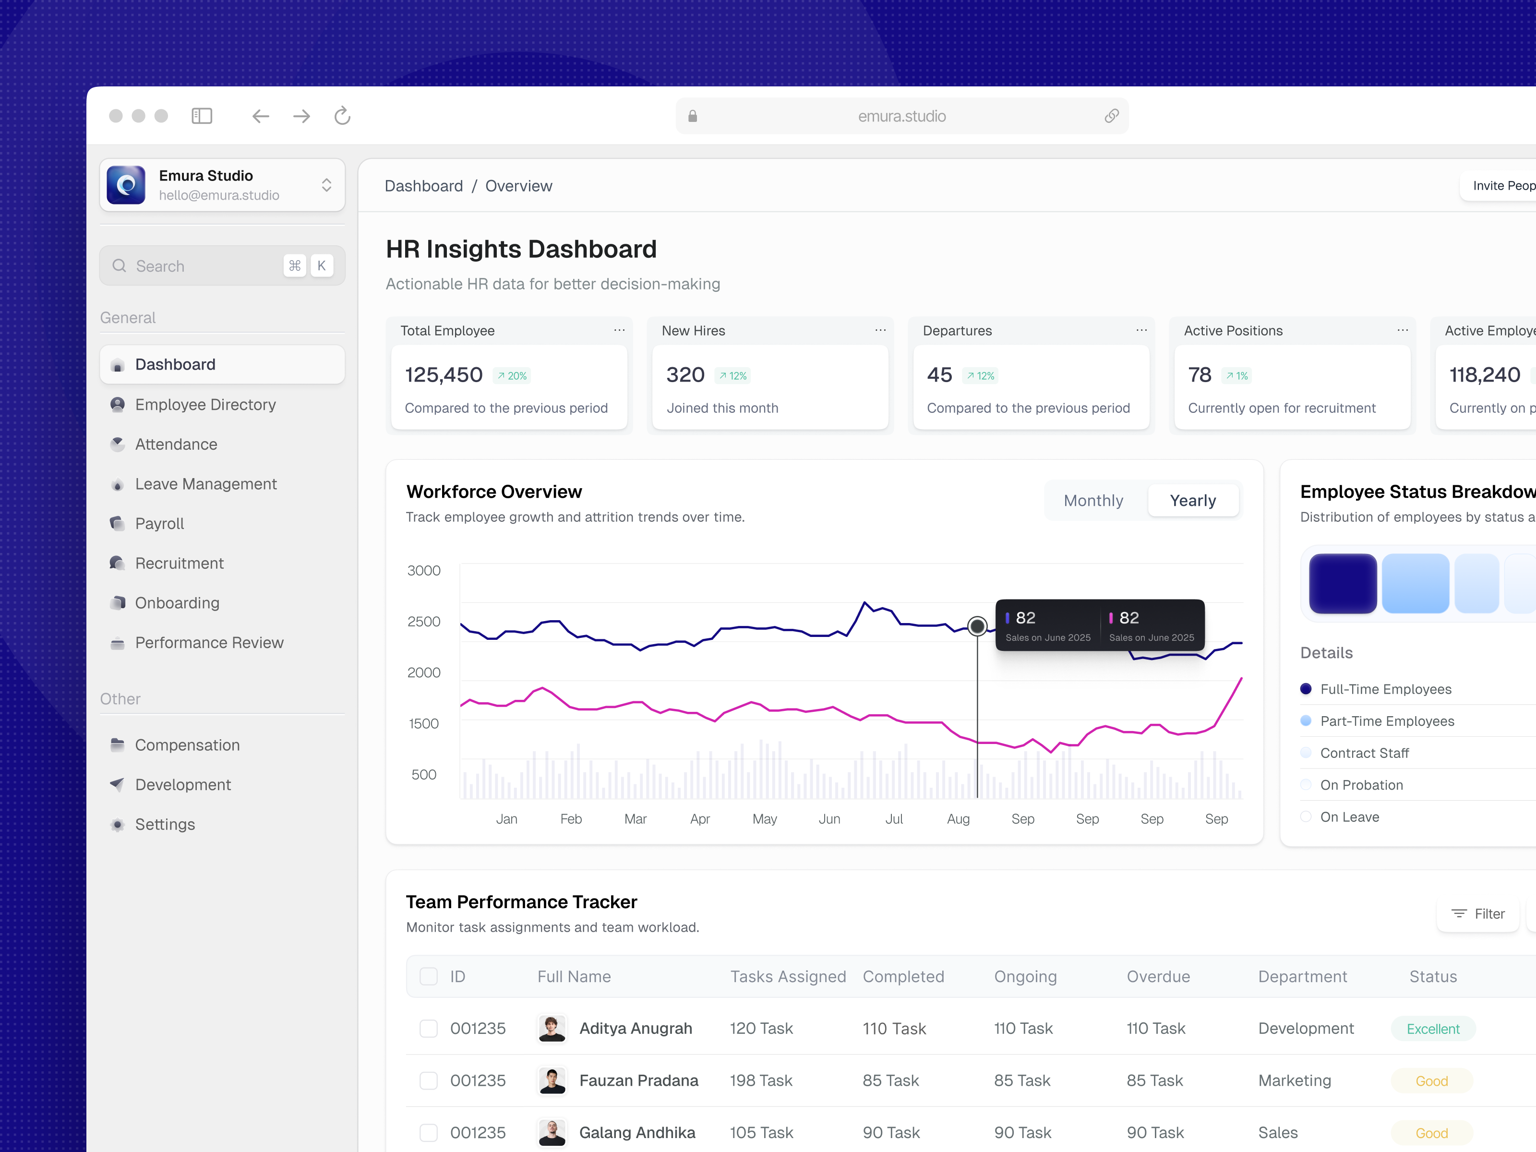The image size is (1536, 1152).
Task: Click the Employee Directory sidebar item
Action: click(205, 404)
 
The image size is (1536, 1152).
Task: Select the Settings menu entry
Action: click(165, 824)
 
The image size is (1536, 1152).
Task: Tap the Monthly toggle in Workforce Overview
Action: click(1093, 501)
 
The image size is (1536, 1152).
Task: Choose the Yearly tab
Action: click(1192, 501)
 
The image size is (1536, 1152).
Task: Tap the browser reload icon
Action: click(342, 116)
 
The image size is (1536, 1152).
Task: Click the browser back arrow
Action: click(260, 116)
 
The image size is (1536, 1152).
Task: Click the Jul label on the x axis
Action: click(894, 819)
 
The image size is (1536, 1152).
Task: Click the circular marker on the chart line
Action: click(977, 626)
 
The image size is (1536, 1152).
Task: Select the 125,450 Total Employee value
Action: click(443, 375)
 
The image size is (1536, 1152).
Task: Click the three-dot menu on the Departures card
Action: click(1141, 331)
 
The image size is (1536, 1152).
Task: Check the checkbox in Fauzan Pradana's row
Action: click(429, 1080)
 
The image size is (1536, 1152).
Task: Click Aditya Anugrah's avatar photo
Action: click(552, 1028)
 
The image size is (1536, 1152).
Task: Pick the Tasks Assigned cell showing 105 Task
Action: click(761, 1132)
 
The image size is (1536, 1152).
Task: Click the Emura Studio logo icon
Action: click(126, 185)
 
